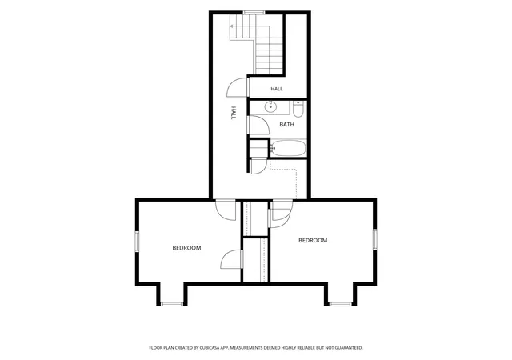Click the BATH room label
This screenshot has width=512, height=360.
pos(286,125)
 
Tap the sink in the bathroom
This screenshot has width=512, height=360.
pos(270,106)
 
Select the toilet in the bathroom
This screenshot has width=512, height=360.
pos(298,109)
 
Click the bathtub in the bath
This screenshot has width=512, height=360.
pos(288,148)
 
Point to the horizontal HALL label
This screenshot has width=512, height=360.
pos(277,89)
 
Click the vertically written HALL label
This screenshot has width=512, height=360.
pos(234,112)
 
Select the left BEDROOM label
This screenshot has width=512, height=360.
pos(186,248)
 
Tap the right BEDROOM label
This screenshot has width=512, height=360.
pos(313,241)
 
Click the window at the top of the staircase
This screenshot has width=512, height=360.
pos(254,13)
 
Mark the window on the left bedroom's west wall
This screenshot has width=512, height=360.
pos(137,242)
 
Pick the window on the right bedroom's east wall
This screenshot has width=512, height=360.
pos(375,239)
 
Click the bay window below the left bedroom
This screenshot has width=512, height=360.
pos(172,304)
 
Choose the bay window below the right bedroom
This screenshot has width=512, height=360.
pos(340,304)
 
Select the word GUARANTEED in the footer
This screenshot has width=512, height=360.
pos(349,348)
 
